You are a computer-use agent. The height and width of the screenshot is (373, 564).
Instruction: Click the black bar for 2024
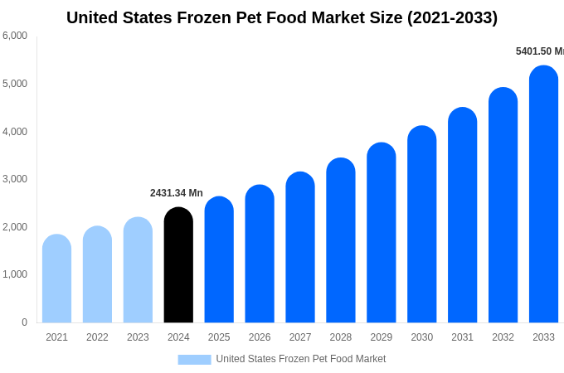coord(178,265)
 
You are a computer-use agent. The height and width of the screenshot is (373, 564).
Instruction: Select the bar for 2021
coord(56,279)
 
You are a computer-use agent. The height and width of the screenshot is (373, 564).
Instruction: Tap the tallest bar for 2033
coord(543,194)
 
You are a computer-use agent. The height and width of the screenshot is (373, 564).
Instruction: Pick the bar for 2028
coord(341,240)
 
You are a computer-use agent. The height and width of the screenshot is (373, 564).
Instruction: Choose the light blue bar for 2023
coord(138,270)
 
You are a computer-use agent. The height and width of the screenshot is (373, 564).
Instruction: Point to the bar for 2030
coord(421,224)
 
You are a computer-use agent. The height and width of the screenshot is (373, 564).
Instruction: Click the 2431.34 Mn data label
coord(177,193)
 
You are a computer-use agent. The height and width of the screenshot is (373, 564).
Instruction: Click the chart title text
coord(282,17)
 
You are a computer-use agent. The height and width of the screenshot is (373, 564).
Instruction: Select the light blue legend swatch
coord(194,359)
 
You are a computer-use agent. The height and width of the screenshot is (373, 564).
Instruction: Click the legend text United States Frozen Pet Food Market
coord(301,359)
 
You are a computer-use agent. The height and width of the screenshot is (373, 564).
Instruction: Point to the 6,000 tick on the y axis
coord(15,36)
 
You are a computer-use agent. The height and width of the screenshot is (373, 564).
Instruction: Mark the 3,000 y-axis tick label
coord(15,179)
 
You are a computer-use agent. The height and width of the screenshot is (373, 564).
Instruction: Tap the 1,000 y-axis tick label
coord(15,274)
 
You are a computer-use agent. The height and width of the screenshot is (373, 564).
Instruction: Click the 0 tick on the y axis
coord(24,322)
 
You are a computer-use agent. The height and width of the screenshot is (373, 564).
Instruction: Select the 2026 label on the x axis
coord(260,337)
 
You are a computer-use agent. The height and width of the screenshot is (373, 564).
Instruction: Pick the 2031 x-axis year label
coord(462,337)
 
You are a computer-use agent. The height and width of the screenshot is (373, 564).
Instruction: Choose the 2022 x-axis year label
coord(97,337)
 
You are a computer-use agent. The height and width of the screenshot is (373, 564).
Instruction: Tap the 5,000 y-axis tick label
coord(15,84)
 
